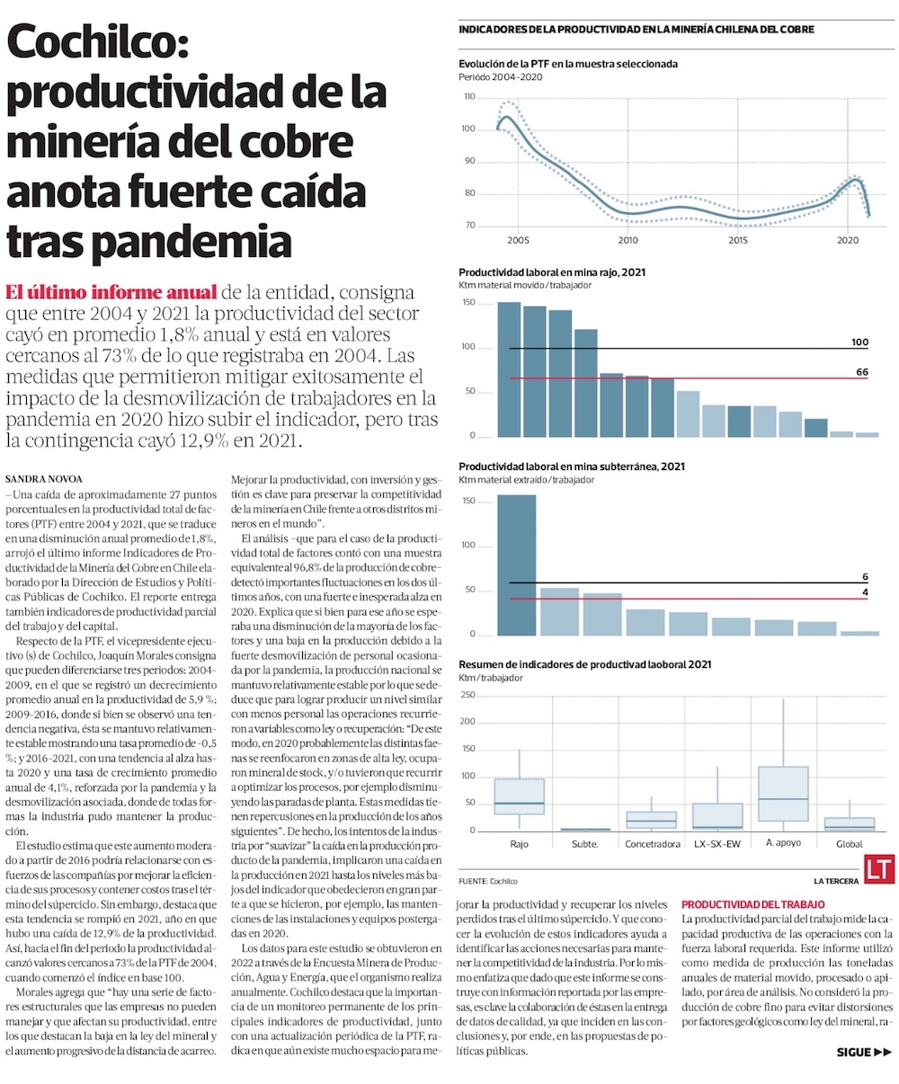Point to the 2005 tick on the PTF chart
tap(518, 241)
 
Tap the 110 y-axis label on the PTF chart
tap(467, 96)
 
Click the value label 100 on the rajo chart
tap(859, 342)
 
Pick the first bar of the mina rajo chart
tap(509, 369)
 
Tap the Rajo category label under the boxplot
tap(519, 844)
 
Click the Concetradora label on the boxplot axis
tap(652, 844)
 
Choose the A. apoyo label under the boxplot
tap(783, 844)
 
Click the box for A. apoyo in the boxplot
tap(783, 794)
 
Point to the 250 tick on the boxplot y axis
tap(467, 696)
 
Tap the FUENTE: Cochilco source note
tap(487, 881)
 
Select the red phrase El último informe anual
tap(111, 293)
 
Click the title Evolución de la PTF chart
tap(567, 64)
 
